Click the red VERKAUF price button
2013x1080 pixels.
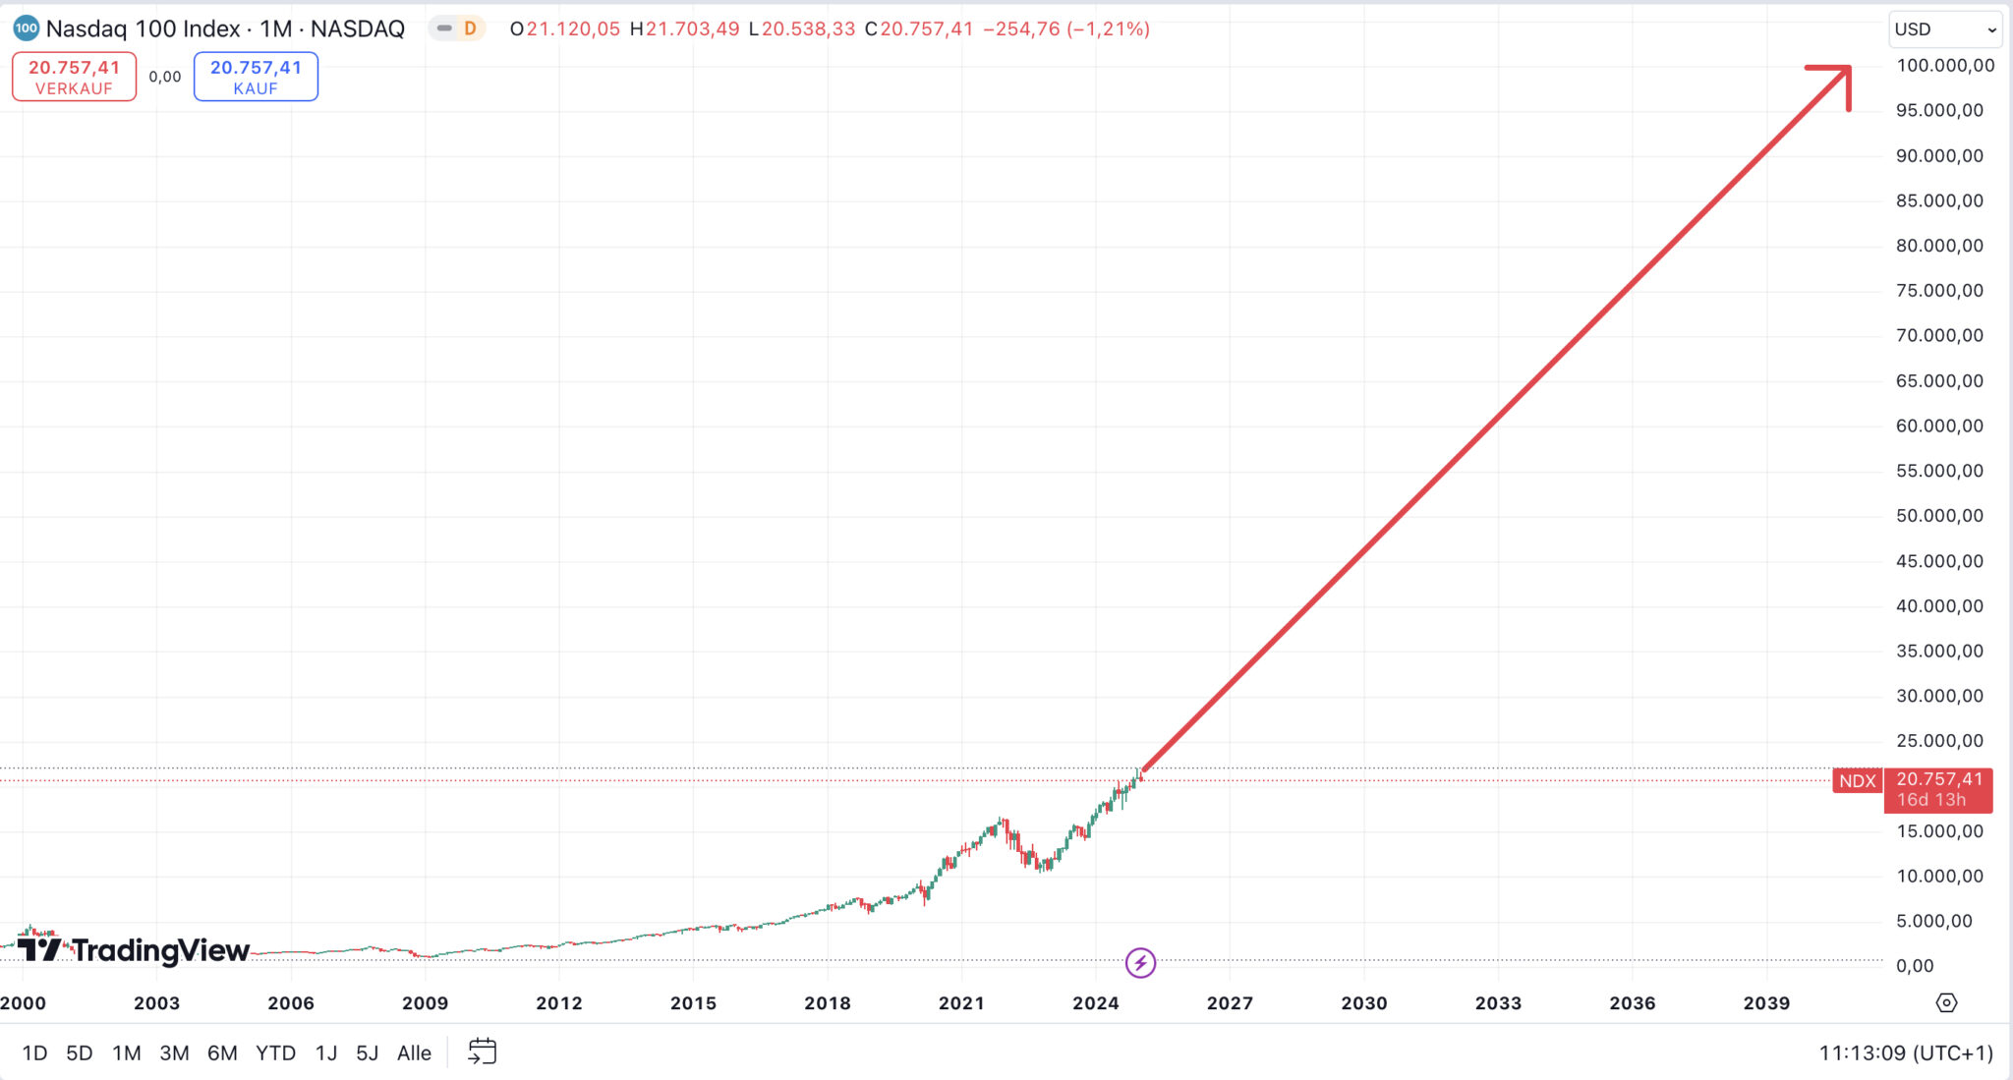tap(74, 77)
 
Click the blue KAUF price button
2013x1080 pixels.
tap(256, 77)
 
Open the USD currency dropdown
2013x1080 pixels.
tap(1944, 29)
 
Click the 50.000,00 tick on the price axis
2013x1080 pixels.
tap(1938, 516)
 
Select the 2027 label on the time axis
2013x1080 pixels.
tap(1230, 1003)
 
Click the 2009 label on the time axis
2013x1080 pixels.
tap(425, 1003)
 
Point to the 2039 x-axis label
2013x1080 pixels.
tap(1766, 1003)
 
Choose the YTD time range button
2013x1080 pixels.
tap(275, 1053)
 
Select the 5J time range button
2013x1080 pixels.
tap(367, 1053)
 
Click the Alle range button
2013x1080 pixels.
tap(414, 1053)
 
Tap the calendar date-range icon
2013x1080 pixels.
tap(482, 1052)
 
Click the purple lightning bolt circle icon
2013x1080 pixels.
tap(1140, 962)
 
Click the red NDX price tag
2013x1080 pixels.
tap(1857, 781)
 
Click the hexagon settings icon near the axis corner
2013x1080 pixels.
tap(1946, 1003)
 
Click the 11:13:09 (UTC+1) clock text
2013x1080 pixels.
tap(1905, 1053)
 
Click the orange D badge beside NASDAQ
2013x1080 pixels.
tap(470, 28)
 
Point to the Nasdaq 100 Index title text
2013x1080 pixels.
tap(143, 28)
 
